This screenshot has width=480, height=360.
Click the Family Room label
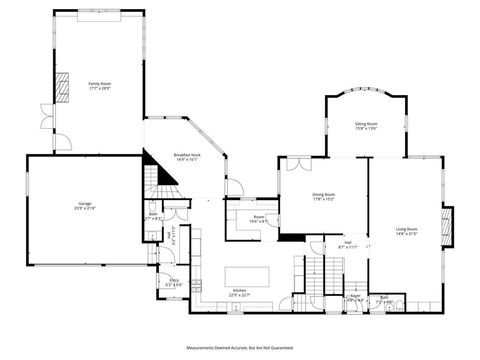tap(98, 85)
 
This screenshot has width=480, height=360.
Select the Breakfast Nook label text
tap(187, 157)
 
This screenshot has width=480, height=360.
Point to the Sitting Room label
tap(366, 126)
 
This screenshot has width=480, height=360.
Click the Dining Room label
tap(323, 197)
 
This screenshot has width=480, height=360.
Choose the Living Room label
tap(405, 231)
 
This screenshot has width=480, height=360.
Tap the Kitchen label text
tap(238, 292)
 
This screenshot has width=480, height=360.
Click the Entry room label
tap(173, 281)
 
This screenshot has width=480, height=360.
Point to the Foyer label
tap(354, 297)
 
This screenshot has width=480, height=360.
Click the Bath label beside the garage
tap(154, 215)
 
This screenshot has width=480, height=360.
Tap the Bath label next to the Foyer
tap(383, 298)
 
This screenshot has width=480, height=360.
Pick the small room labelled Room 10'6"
tap(259, 218)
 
